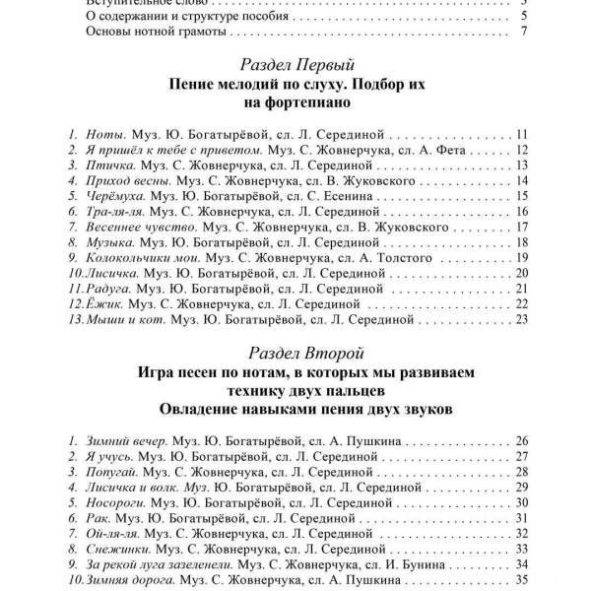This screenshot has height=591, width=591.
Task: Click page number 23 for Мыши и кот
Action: point(522,319)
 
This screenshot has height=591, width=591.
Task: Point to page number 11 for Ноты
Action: point(522,134)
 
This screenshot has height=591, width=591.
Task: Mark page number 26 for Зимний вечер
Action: point(522,441)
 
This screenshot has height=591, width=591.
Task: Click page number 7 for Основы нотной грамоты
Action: point(526,31)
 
